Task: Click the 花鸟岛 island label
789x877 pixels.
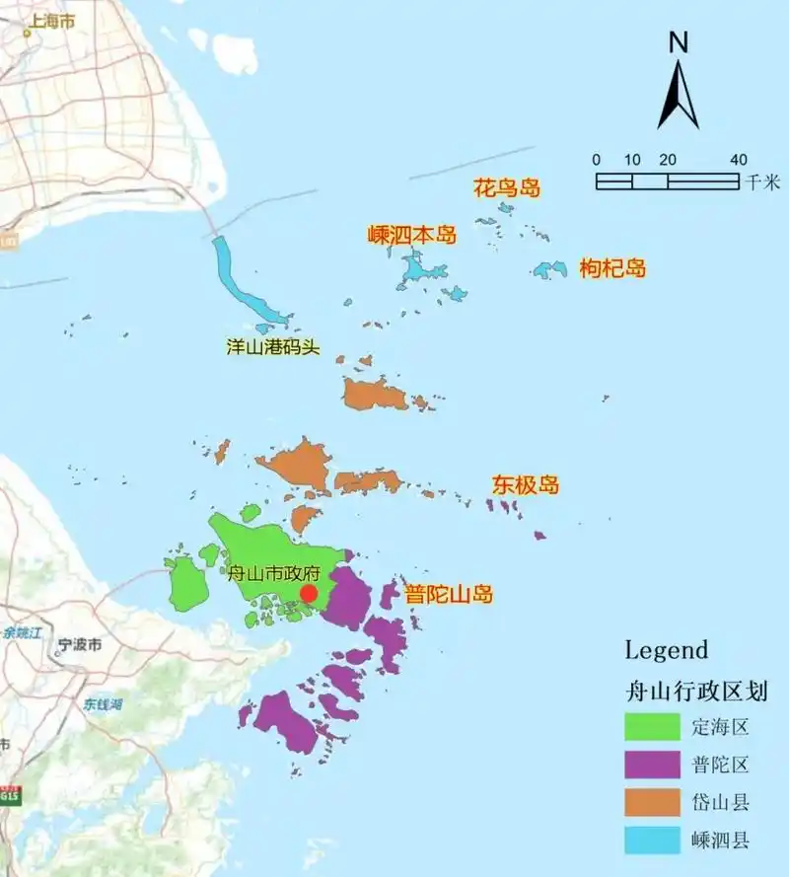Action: tap(508, 187)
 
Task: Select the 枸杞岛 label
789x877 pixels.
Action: tap(612, 267)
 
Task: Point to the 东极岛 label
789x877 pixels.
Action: tap(526, 485)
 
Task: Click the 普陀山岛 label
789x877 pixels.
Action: tap(449, 595)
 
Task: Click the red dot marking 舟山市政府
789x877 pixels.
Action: tap(309, 593)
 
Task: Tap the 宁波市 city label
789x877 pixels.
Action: tap(79, 645)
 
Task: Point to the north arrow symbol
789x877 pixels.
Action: tap(678, 95)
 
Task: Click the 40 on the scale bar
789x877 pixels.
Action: tap(738, 160)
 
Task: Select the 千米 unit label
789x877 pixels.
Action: tap(763, 182)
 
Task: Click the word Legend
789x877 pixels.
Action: tap(667, 650)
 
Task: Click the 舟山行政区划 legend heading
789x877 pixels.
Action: tap(696, 689)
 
